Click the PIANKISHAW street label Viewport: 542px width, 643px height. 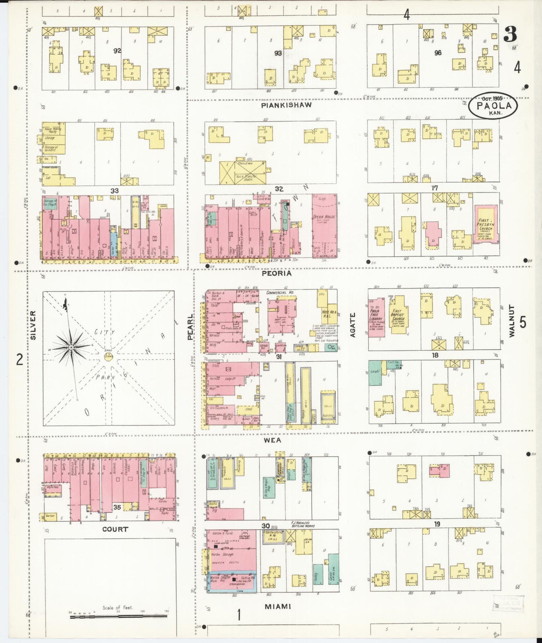[x=286, y=105]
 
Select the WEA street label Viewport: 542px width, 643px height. [x=273, y=440]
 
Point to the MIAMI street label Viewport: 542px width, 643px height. [x=278, y=607]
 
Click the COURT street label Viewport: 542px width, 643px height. [x=115, y=529]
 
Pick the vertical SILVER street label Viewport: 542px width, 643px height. [x=33, y=325]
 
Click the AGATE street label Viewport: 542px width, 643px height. [x=353, y=325]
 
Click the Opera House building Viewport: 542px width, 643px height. [x=324, y=225]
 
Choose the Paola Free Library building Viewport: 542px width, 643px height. [x=376, y=317]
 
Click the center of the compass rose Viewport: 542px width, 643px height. [x=71, y=348]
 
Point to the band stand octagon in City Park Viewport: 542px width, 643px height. [x=109, y=356]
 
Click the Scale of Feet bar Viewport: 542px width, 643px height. [x=118, y=616]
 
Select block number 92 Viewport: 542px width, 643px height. [x=117, y=50]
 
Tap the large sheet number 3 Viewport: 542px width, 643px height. [x=510, y=35]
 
